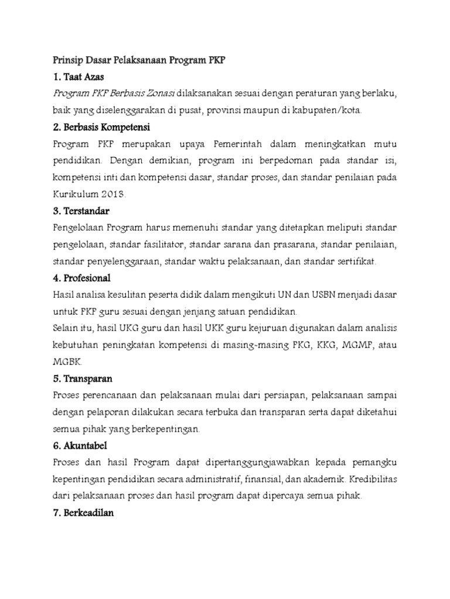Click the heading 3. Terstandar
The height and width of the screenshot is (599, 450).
coord(81,210)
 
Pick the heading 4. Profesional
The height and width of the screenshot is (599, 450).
coord(81,277)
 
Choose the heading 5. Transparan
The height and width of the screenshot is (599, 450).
coord(83,378)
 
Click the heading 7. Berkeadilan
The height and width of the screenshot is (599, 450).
coord(83,513)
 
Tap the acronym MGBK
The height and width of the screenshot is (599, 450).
coord(64,362)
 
